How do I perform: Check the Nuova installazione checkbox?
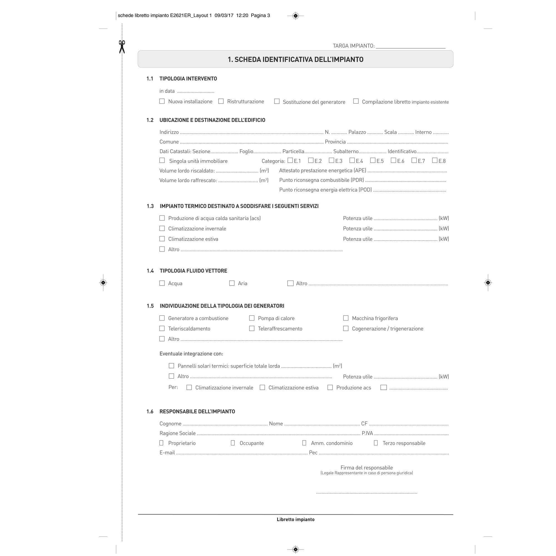(162, 101)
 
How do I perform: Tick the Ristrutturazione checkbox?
(221, 101)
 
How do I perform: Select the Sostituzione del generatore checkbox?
(277, 101)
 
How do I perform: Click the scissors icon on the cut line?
(122, 47)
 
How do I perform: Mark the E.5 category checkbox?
(373, 160)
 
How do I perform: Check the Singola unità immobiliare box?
(162, 160)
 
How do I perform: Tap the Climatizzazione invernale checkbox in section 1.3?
(162, 229)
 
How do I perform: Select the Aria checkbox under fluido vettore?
(232, 283)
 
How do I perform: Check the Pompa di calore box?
(252, 318)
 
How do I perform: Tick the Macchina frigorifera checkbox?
(346, 318)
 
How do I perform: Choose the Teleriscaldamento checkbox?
(162, 328)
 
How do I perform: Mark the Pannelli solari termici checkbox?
(172, 366)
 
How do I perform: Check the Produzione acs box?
(330, 387)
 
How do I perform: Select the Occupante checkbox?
(233, 443)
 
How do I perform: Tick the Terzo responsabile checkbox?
(376, 443)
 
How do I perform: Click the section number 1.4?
(150, 271)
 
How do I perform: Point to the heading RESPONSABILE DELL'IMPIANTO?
(197, 411)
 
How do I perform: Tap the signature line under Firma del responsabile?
(366, 493)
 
